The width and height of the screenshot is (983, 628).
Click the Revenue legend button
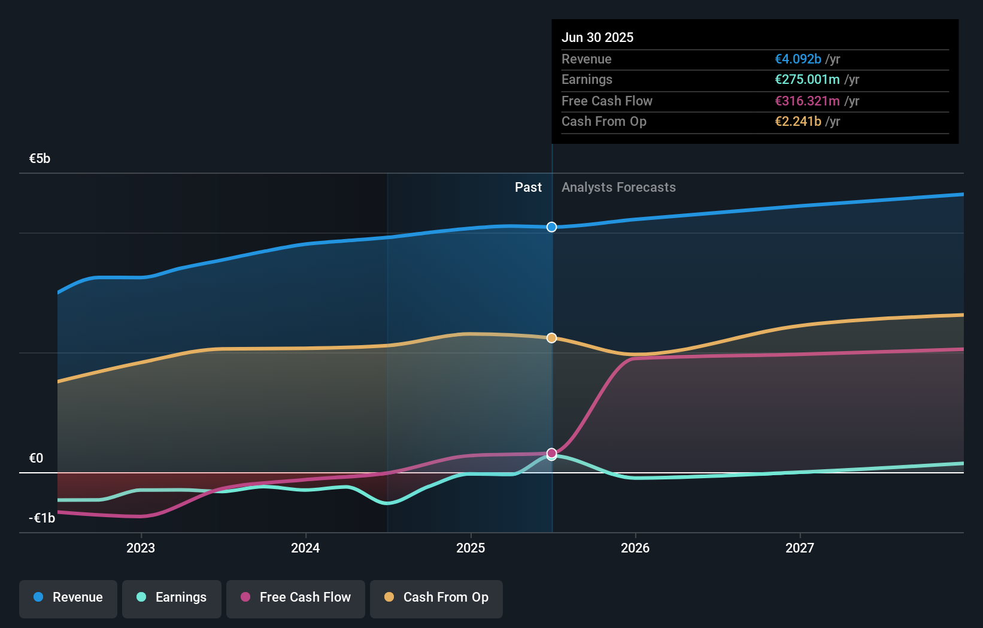pyautogui.click(x=68, y=597)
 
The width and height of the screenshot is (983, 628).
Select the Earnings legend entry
pyautogui.click(x=172, y=597)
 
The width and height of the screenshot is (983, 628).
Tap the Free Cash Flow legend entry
pyautogui.click(x=296, y=597)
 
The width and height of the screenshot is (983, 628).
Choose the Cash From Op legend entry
pyautogui.click(x=436, y=597)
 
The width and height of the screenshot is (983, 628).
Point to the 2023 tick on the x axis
pyautogui.click(x=141, y=548)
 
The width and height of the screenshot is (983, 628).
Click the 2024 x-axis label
pyautogui.click(x=305, y=548)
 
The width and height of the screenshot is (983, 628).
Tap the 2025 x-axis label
pyautogui.click(x=471, y=548)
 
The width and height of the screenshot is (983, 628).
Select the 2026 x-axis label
pyautogui.click(x=635, y=548)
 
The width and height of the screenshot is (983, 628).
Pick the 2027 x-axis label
pyautogui.click(x=800, y=548)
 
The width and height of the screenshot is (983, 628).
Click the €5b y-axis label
pyautogui.click(x=40, y=159)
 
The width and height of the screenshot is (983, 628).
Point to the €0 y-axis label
pyautogui.click(x=36, y=458)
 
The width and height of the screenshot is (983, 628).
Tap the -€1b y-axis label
pyautogui.click(x=42, y=518)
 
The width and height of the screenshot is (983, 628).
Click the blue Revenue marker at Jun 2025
pyautogui.click(x=552, y=227)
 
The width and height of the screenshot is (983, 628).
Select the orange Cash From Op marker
pyautogui.click(x=552, y=338)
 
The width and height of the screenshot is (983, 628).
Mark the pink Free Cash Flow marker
pyautogui.click(x=552, y=453)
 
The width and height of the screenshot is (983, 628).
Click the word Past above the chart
pyautogui.click(x=528, y=188)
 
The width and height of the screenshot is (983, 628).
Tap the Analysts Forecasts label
pyautogui.click(x=618, y=188)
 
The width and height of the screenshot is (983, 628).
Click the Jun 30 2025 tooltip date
pyautogui.click(x=597, y=37)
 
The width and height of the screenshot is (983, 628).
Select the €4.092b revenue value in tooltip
pyautogui.click(x=798, y=59)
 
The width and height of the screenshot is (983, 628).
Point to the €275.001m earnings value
pyautogui.click(x=807, y=80)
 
